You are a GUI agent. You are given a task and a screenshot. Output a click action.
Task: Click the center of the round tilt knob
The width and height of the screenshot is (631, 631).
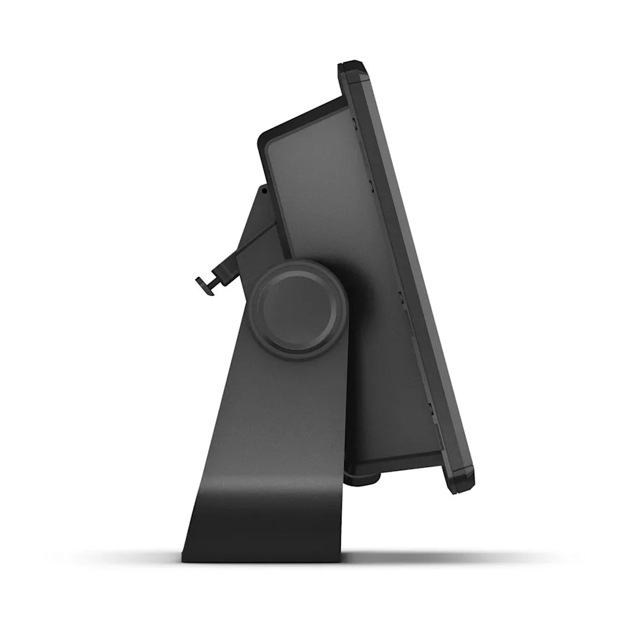300,309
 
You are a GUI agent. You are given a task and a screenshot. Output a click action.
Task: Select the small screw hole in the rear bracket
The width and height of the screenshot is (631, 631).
264,191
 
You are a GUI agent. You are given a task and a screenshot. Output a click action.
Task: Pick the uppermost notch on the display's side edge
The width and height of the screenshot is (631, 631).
355,121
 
